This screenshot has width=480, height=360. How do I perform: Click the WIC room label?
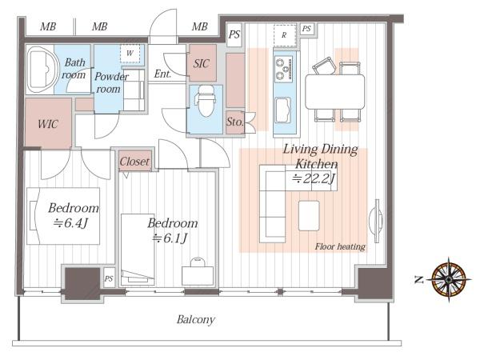[48, 124]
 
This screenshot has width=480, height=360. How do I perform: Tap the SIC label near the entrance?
[202, 64]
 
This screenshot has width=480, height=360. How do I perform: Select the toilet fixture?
[206, 101]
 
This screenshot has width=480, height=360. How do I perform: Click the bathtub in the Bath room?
[42, 70]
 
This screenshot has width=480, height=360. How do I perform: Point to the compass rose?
[449, 279]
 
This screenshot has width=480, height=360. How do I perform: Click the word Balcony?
[196, 319]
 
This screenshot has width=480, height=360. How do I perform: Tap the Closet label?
[134, 162]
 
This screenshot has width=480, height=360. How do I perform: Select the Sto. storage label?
[234, 122]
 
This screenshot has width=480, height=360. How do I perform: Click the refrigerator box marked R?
[284, 35]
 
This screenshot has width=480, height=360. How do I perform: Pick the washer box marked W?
[130, 54]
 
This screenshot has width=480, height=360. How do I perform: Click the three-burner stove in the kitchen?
[283, 69]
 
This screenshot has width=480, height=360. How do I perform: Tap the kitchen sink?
[283, 110]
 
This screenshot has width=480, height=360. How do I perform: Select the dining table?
[335, 92]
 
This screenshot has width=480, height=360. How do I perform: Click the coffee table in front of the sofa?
[309, 215]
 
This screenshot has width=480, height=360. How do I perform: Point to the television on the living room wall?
[376, 217]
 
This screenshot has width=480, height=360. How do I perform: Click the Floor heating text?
[340, 246]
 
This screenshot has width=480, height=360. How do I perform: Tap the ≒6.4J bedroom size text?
[70, 223]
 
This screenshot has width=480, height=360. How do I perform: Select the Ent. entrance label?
[162, 74]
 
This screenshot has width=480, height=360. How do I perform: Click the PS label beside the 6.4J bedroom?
[109, 278]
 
